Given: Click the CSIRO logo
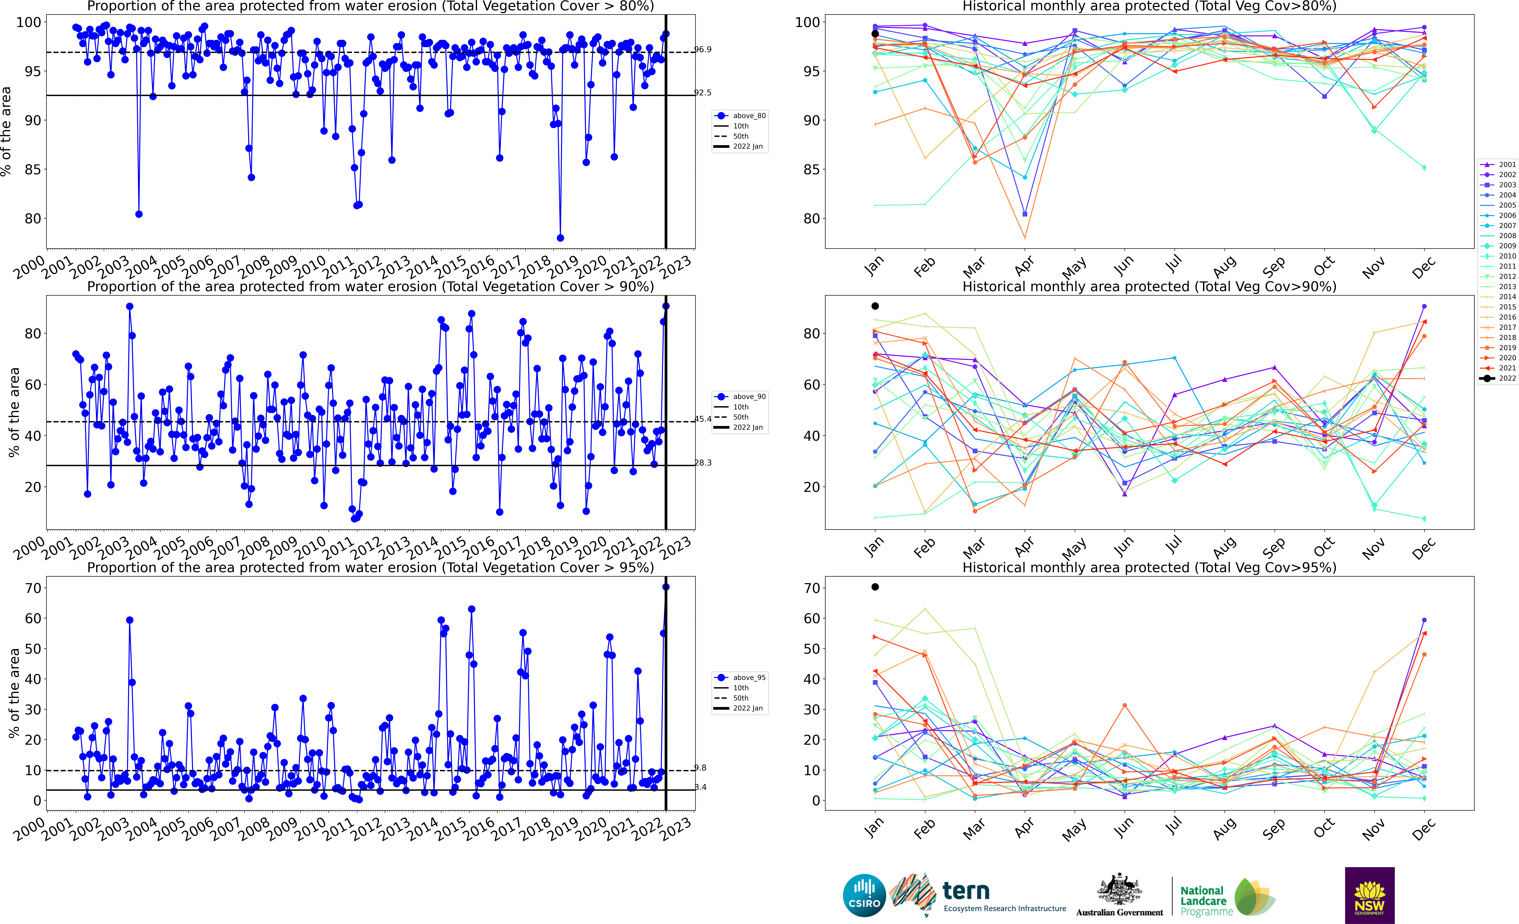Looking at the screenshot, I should pyautogui.click(x=864, y=895).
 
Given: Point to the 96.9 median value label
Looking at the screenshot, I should pyautogui.click(x=703, y=49).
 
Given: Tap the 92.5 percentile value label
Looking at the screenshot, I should pyautogui.click(x=703, y=92).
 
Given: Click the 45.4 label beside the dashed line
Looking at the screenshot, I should pyautogui.click(x=703, y=419).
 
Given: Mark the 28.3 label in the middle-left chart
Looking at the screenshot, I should pyautogui.click(x=703, y=463).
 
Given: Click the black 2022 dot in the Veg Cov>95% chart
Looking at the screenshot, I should pyautogui.click(x=875, y=587).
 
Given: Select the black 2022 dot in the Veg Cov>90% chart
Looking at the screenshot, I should pyautogui.click(x=875, y=306).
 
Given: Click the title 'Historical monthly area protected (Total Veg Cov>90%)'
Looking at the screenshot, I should pyautogui.click(x=1149, y=287).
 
